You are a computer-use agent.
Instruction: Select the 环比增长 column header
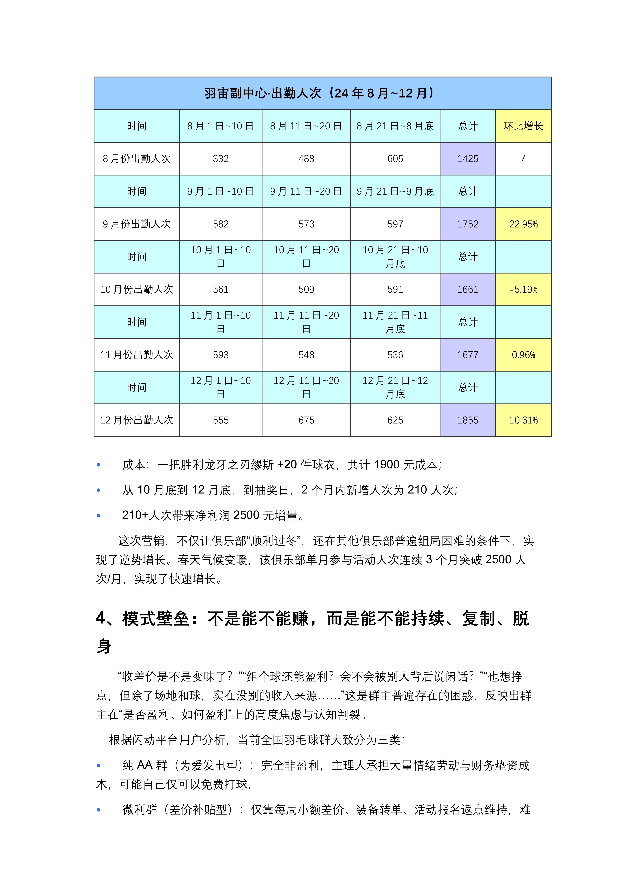(x=523, y=126)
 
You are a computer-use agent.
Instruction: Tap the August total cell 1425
(x=467, y=159)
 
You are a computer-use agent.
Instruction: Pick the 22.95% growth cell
(x=523, y=224)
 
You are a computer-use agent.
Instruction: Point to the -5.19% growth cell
(x=523, y=290)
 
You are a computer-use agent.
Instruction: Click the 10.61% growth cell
(x=523, y=420)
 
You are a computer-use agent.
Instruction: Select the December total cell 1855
(x=467, y=420)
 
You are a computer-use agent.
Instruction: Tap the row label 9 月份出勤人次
(x=137, y=224)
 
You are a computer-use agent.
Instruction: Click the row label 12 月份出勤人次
(x=137, y=420)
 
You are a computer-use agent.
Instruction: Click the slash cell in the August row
(x=523, y=159)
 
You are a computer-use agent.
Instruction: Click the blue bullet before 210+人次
(x=98, y=516)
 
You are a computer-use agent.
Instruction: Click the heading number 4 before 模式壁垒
(x=100, y=619)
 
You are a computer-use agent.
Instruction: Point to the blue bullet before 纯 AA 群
(x=98, y=766)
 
